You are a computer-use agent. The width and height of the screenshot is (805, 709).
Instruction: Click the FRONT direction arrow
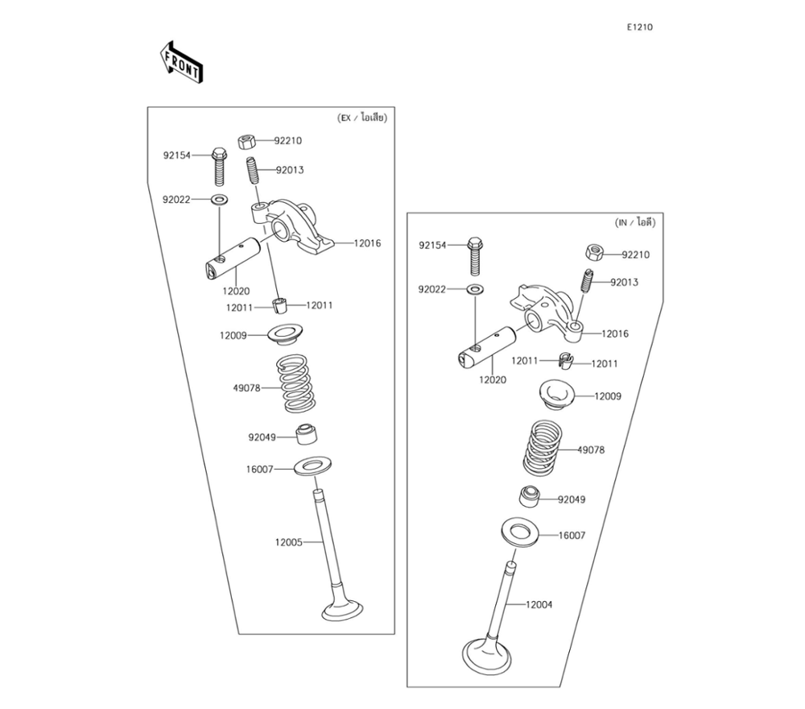tap(181, 63)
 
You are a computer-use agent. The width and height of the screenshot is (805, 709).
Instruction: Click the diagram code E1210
tap(640, 27)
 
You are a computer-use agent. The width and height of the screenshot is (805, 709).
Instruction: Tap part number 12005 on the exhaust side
tap(288, 542)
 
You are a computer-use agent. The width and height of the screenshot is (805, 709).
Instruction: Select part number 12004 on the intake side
tap(539, 604)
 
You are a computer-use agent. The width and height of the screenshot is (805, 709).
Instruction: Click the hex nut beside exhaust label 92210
tap(246, 142)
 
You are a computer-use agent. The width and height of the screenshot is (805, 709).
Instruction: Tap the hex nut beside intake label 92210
tap(595, 254)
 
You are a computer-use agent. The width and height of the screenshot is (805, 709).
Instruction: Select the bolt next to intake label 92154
tap(474, 255)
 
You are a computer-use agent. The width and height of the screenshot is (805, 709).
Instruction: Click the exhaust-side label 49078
tap(246, 388)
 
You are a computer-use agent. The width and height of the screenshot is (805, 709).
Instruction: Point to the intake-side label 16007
tap(572, 535)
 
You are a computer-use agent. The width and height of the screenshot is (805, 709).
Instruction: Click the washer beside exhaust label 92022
tap(219, 198)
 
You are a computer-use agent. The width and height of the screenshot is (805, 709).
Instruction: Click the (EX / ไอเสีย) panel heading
tap(362, 118)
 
